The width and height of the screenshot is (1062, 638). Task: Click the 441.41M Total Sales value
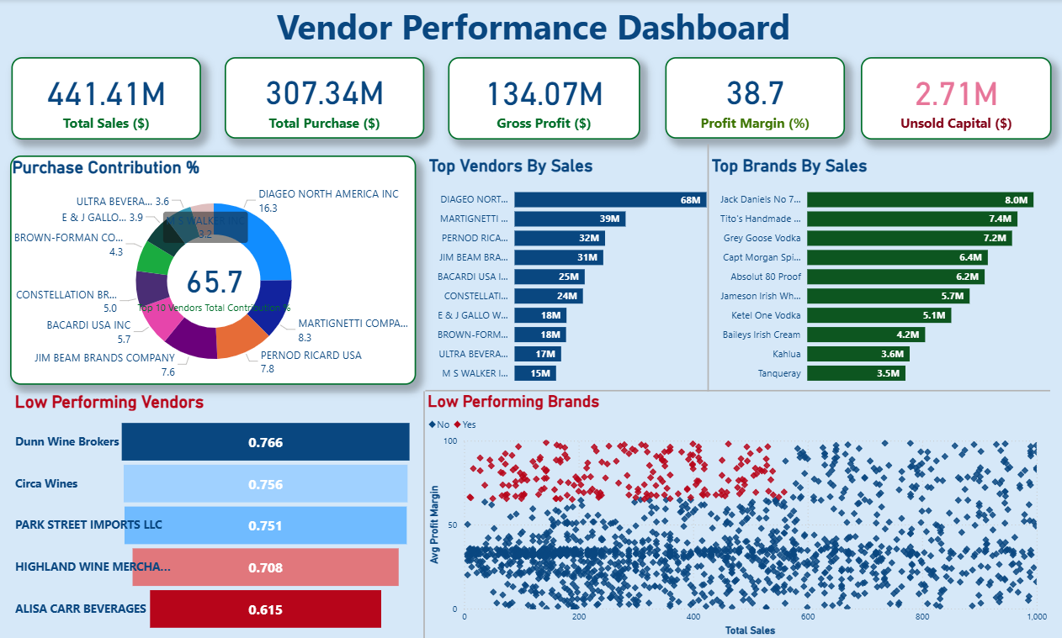pos(106,93)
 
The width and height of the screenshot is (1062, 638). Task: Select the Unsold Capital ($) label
pos(956,124)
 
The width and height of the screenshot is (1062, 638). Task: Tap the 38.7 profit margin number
pos(755,93)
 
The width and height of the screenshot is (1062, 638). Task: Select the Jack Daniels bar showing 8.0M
pos(919,199)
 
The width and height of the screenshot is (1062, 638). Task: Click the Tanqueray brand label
pos(757,373)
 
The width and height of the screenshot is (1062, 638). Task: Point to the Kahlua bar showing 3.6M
pos(858,354)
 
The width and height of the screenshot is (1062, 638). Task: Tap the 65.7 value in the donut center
pos(214,282)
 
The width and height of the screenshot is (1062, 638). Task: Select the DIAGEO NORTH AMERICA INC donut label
pos(328,194)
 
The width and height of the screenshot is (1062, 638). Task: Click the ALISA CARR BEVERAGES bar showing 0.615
pos(265,609)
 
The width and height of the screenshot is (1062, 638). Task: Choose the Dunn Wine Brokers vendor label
pos(67,442)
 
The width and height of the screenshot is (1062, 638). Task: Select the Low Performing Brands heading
pos(513,402)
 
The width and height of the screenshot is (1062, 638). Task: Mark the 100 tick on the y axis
pos(450,441)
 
